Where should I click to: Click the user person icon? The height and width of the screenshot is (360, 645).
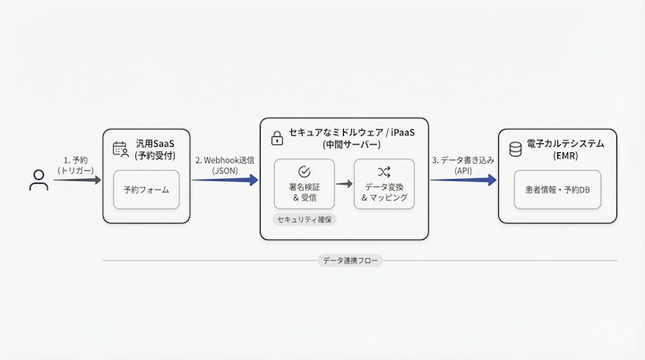tap(39, 180)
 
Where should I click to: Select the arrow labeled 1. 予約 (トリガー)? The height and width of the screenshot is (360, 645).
tap(77, 180)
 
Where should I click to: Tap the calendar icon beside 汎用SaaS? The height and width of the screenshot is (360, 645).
tap(120, 150)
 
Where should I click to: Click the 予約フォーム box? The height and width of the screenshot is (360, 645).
tap(146, 190)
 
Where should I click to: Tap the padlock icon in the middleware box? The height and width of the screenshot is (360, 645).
tap(278, 138)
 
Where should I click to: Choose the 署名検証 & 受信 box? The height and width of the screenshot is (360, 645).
tap(304, 184)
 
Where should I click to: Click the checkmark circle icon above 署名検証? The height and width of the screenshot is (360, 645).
tap(304, 171)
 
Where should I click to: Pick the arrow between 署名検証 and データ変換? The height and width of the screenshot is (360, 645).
tap(343, 184)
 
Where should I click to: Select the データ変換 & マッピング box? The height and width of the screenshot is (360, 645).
tap(384, 184)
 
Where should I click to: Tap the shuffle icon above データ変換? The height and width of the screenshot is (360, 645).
tap(384, 171)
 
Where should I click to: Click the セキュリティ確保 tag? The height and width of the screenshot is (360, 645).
tap(304, 219)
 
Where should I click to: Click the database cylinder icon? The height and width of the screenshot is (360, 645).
tap(515, 150)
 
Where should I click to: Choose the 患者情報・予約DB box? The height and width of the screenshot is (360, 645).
tap(558, 190)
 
